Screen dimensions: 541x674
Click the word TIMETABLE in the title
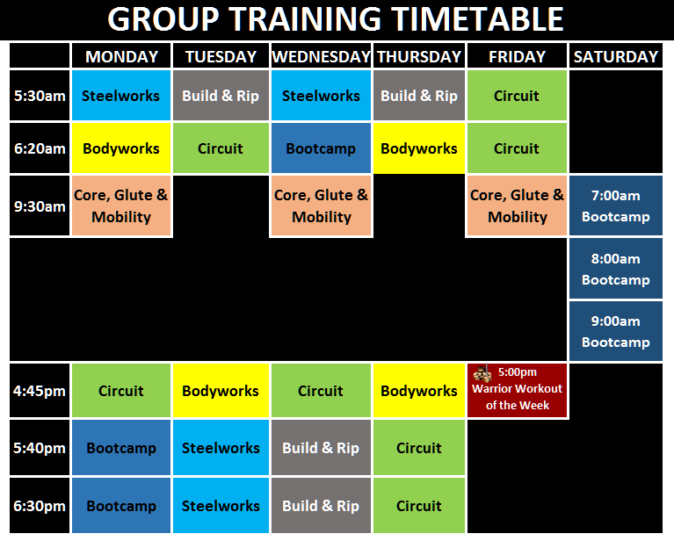tap(467, 18)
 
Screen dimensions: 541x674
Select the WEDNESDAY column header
tap(321, 56)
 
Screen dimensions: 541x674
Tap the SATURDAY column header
tap(615, 56)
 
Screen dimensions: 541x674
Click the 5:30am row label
tap(40, 96)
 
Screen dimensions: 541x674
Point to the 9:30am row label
tap(40, 206)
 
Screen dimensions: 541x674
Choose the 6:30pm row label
tap(40, 506)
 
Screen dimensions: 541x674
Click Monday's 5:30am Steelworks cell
tap(121, 96)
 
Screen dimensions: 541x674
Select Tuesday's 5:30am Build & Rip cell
tap(221, 96)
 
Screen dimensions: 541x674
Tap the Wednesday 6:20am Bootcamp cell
tap(321, 148)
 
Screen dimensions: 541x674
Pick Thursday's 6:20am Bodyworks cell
tap(419, 148)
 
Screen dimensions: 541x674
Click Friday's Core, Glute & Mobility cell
tap(517, 206)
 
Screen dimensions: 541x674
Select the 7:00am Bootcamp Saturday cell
tap(615, 206)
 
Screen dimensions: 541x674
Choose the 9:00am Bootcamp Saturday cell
tap(615, 331)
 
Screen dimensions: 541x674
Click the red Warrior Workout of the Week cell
tap(517, 391)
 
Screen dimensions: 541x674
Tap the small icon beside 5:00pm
tap(482, 373)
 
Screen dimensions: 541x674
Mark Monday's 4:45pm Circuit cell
tap(121, 391)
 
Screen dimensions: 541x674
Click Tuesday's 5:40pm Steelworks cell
tap(221, 448)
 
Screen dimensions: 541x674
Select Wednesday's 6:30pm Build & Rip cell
tap(321, 506)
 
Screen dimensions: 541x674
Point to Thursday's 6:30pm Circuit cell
tap(419, 506)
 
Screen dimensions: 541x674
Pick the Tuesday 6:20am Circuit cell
tap(221, 148)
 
